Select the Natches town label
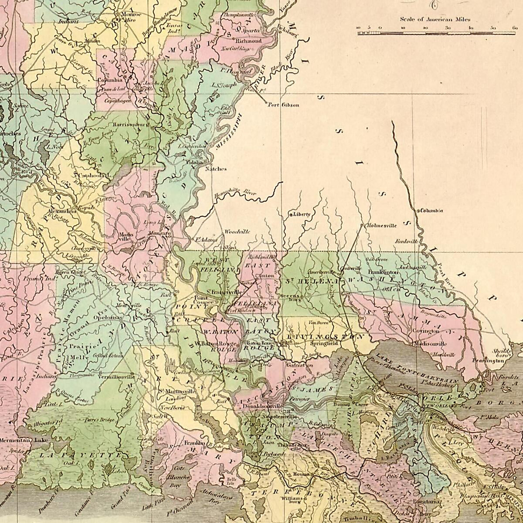click(x=216, y=169)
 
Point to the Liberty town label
click(x=302, y=214)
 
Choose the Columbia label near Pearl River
click(x=431, y=211)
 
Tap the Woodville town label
click(x=237, y=232)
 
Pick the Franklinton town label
click(x=383, y=272)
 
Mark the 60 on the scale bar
click(x=515, y=27)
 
